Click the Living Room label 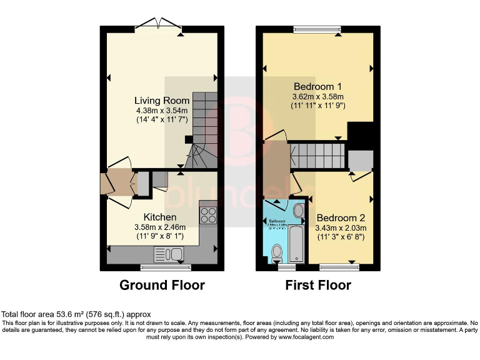162,101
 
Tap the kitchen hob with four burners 207,216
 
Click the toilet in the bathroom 278,251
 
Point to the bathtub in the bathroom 296,245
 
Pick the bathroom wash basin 297,210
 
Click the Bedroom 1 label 318,86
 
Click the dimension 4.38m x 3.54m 162,111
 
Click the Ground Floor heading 162,285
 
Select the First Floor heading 318,285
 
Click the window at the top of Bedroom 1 318,28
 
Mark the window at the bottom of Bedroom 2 339,267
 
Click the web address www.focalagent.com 302,337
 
